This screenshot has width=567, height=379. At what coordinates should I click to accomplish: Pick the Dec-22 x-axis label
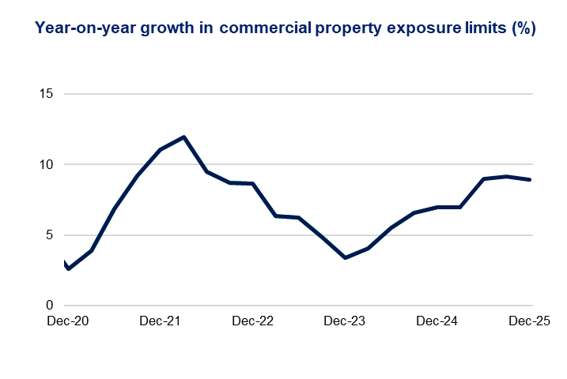pyautogui.click(x=253, y=322)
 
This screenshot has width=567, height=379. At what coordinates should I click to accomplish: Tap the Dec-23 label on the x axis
pyautogui.click(x=345, y=322)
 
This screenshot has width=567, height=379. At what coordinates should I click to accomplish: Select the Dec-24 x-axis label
pyautogui.click(x=437, y=322)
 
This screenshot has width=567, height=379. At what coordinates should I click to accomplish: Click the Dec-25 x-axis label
pyautogui.click(x=528, y=322)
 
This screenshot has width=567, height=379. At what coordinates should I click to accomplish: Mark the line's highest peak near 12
pyautogui.click(x=184, y=137)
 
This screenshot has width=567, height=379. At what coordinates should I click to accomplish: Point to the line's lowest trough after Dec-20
pyautogui.click(x=69, y=269)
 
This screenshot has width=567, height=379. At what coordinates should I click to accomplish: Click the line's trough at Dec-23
pyautogui.click(x=346, y=257)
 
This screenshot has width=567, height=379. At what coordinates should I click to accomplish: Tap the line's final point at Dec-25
pyautogui.click(x=530, y=179)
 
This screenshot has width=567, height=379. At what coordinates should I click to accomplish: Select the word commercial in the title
pyautogui.click(x=266, y=28)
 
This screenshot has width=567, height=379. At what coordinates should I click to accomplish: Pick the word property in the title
pyautogui.click(x=348, y=28)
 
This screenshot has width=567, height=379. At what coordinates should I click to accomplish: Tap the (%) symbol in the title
pyautogui.click(x=523, y=28)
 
